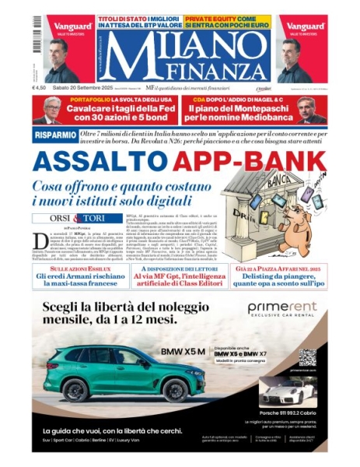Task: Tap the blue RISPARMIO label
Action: (54, 135)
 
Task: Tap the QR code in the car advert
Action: (308, 357)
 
